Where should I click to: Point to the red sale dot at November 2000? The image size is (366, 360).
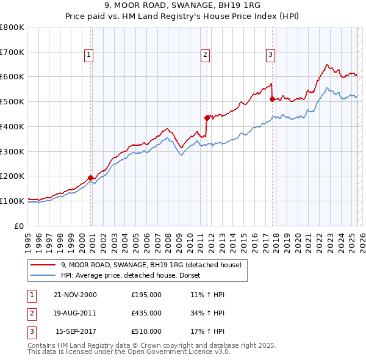click(x=91, y=178)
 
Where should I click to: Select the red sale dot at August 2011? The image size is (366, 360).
click(x=207, y=118)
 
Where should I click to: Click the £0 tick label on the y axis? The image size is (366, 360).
click(x=20, y=226)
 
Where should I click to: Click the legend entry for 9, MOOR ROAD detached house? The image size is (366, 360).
click(x=151, y=265)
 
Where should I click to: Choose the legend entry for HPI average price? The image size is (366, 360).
click(x=134, y=275)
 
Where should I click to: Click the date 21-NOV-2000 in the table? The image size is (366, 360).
click(x=76, y=295)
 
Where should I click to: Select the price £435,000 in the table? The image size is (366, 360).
click(x=146, y=313)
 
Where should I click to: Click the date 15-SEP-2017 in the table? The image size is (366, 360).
click(x=76, y=331)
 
